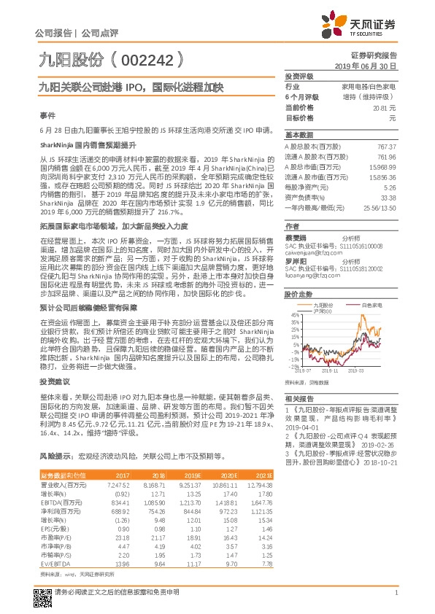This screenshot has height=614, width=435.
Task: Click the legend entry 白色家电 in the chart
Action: [373, 304]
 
